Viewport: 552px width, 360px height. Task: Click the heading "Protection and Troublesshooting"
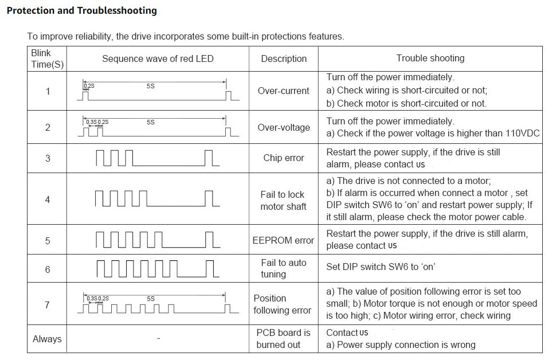coord(81,11)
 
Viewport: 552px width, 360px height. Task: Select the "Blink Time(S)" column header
coord(47,59)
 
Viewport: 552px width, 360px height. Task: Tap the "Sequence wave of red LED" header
coord(158,58)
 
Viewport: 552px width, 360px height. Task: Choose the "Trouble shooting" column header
coord(430,58)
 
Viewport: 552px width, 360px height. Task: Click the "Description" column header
coord(284,58)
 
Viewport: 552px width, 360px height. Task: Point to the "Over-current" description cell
coord(283,91)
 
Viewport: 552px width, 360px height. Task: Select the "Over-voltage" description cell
coord(283,127)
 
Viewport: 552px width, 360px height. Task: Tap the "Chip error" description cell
coord(283,158)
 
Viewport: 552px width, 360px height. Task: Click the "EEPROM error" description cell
coord(283,241)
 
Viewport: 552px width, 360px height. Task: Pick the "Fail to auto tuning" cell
coord(283,268)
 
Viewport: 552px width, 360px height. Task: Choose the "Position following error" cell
coord(282,304)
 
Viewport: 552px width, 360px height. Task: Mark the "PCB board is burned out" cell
coord(283,339)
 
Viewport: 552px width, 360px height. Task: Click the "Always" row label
coord(47,339)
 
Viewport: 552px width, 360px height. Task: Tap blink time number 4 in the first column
coord(48,199)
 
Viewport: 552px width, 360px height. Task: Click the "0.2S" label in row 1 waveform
coord(89,86)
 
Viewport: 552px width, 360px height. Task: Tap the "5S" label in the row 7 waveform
coord(151,299)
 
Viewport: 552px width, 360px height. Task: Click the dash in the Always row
coord(158,339)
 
